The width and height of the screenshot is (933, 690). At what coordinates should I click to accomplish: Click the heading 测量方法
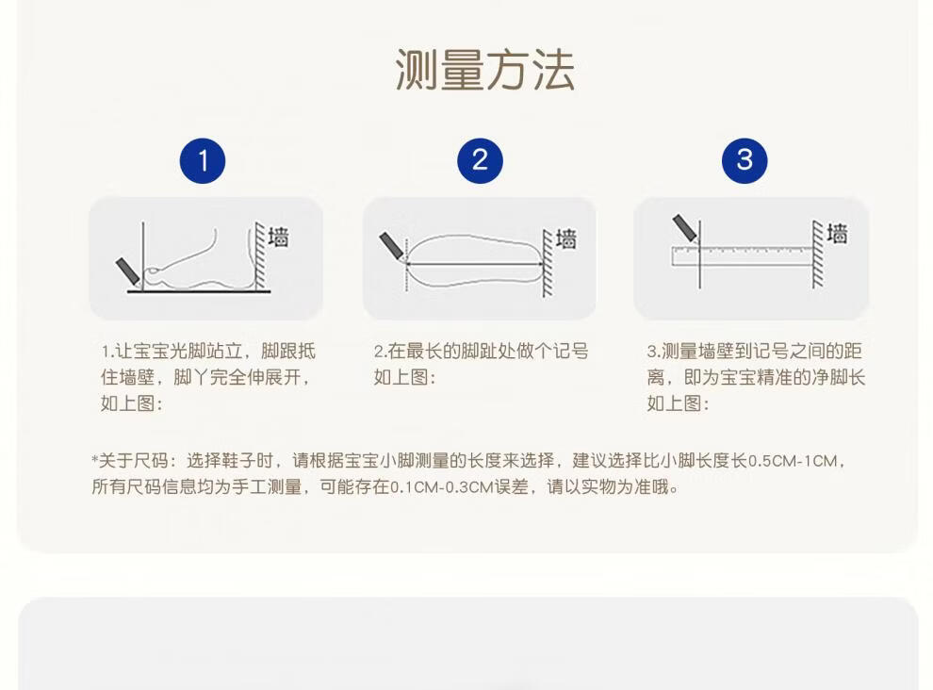click(485, 71)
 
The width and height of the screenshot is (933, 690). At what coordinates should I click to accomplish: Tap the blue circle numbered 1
click(203, 161)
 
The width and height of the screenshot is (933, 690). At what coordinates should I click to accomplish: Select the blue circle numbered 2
click(481, 161)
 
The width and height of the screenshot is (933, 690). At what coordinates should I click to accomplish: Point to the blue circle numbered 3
click(745, 161)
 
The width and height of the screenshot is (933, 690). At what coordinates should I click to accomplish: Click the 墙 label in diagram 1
click(278, 237)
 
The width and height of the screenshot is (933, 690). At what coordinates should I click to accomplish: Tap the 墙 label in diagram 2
click(566, 239)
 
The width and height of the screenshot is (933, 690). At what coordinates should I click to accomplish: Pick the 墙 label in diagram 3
click(837, 234)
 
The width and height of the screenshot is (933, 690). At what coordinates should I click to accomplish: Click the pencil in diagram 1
click(128, 271)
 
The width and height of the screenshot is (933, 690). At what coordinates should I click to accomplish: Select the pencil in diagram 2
click(392, 246)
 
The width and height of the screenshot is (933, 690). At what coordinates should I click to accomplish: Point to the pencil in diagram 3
click(685, 229)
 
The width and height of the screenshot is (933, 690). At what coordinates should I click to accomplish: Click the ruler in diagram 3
click(743, 255)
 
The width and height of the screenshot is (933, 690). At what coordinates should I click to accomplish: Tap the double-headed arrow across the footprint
click(474, 264)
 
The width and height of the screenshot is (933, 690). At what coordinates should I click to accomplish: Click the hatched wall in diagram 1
click(259, 256)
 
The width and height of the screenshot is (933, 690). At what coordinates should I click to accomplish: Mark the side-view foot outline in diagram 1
click(196, 262)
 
